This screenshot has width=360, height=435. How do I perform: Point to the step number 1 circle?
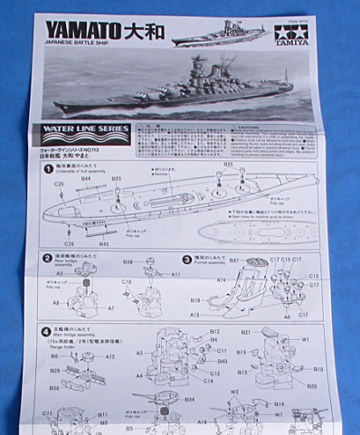tap(48, 169)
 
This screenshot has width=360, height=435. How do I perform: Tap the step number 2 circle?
tap(48, 258)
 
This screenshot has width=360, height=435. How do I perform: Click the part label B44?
tap(87, 179)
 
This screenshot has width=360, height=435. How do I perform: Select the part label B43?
tap(103, 244)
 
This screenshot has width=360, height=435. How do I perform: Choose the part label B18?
tap(195, 299)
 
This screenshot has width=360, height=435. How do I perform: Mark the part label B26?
tap(55, 371)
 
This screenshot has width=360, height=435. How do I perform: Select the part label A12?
tap(109, 356)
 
